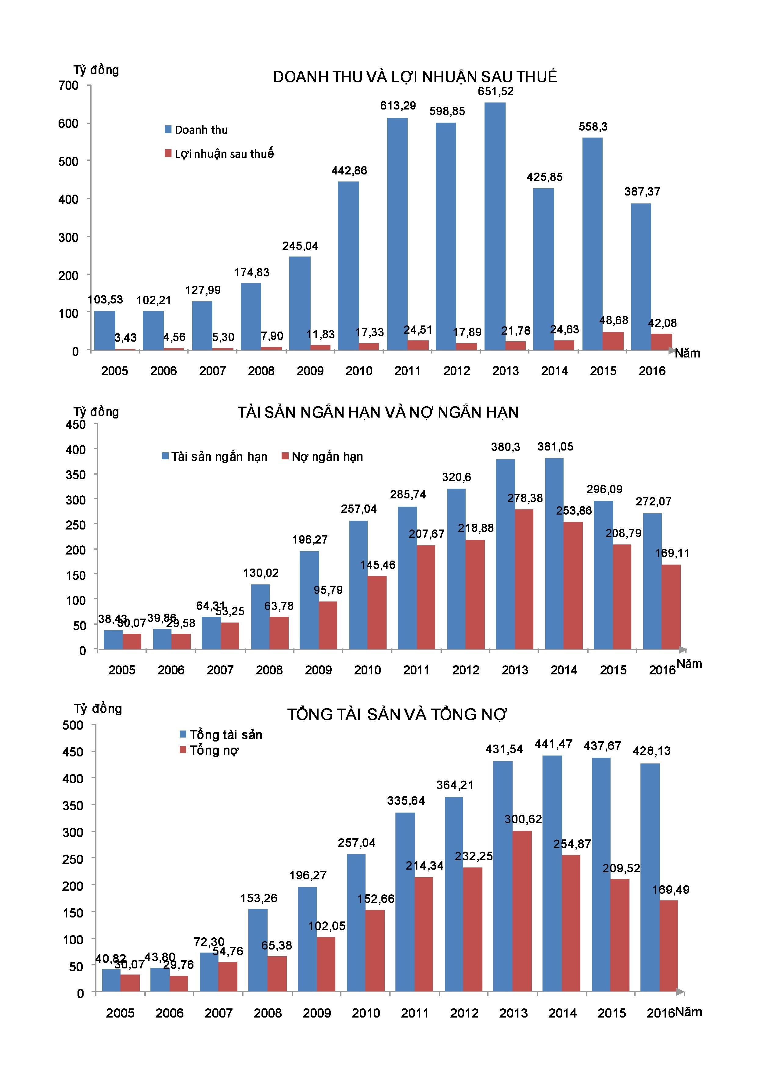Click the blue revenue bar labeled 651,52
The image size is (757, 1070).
pyautogui.click(x=495, y=226)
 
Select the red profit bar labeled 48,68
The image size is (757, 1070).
pyautogui.click(x=613, y=341)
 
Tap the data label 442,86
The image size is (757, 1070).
pyautogui.click(x=349, y=171)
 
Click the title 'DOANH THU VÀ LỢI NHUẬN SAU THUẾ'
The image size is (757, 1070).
pyautogui.click(x=415, y=77)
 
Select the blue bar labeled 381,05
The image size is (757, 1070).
pyautogui.click(x=554, y=553)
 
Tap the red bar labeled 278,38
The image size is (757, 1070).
pyautogui.click(x=524, y=579)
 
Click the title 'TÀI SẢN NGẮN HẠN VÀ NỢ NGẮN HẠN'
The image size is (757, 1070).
pyautogui.click(x=377, y=412)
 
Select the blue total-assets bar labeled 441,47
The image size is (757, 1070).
pyautogui.click(x=552, y=873)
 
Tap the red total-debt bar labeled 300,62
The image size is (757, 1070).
pyautogui.click(x=522, y=911)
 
